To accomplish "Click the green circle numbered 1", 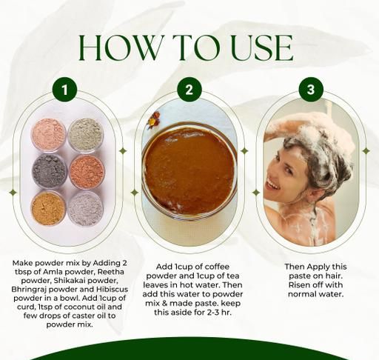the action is pyautogui.click(x=65, y=90).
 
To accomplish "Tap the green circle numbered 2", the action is pyautogui.click(x=189, y=90).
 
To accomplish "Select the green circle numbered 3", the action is pyautogui.click(x=311, y=90).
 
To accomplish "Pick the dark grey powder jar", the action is pyautogui.click(x=50, y=171).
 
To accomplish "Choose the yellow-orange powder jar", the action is pyautogui.click(x=49, y=208).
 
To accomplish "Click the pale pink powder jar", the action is pyautogui.click(x=49, y=135).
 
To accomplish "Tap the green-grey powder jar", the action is pyautogui.click(x=85, y=135).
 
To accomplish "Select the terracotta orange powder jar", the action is pyautogui.click(x=87, y=172).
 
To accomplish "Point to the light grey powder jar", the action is pyautogui.click(x=85, y=209).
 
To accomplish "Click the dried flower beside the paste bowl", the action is pyautogui.click(x=153, y=119).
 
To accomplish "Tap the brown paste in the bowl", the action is pyautogui.click(x=189, y=171).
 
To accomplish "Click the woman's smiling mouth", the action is pyautogui.click(x=273, y=184).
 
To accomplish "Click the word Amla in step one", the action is pyautogui.click(x=51, y=272).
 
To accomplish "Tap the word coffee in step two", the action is pyautogui.click(x=217, y=267).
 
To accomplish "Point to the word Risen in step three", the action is pyautogui.click(x=299, y=284).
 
